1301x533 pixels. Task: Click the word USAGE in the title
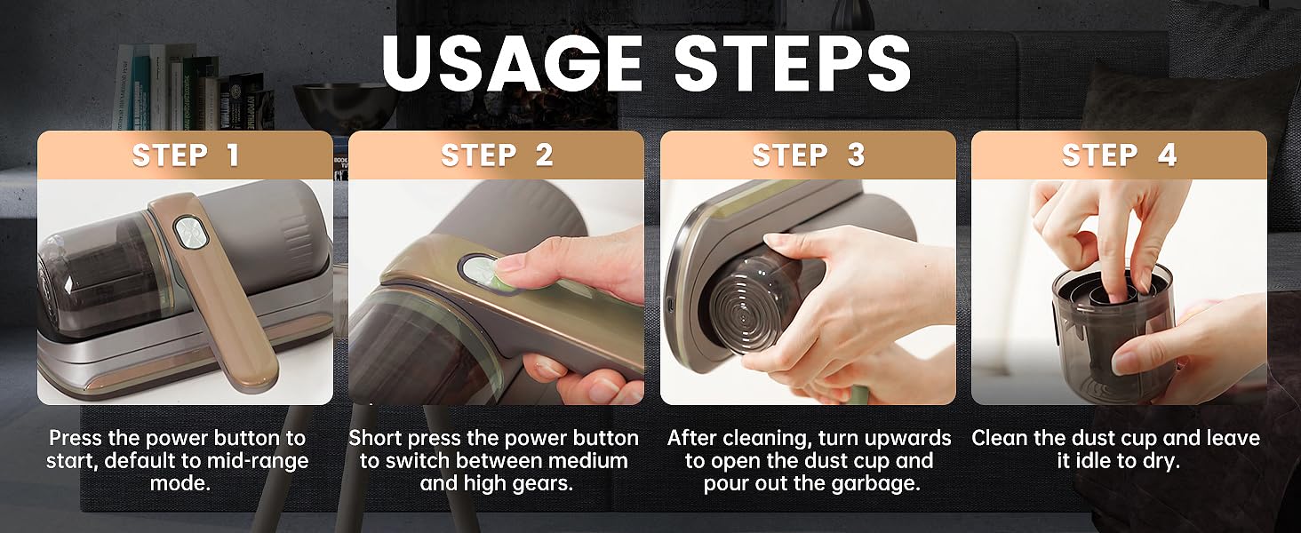[x=512, y=63]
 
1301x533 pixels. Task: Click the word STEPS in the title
[x=792, y=63]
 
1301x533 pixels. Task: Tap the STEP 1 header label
[x=185, y=155]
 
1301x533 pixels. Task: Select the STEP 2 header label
[x=497, y=155]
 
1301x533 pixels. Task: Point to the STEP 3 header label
[x=809, y=155]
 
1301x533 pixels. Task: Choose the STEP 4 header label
[x=1119, y=155]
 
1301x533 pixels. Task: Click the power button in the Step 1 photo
[x=191, y=233]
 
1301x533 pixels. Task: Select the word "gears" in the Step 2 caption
[x=542, y=483]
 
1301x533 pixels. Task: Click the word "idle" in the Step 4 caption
[x=1094, y=461]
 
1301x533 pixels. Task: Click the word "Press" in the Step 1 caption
[x=76, y=438]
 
